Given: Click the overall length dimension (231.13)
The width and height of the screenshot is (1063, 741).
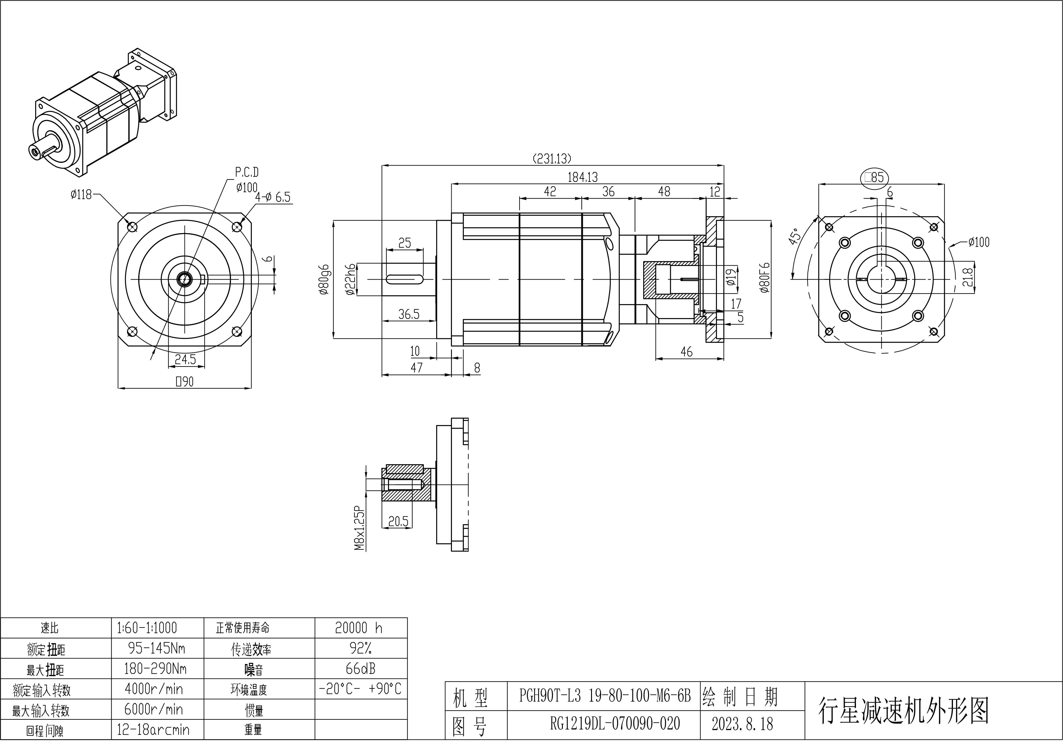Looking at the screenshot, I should [552, 159].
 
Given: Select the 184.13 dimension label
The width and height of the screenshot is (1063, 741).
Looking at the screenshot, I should [583, 177].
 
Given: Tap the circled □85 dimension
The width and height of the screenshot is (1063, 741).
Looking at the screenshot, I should [874, 177].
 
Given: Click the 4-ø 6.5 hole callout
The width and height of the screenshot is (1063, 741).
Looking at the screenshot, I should [273, 197].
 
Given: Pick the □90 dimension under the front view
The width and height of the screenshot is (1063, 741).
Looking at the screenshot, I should [184, 382].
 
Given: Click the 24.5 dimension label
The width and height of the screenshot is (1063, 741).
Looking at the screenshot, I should [185, 359].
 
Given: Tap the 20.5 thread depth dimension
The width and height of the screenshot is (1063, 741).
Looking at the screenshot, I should [398, 521].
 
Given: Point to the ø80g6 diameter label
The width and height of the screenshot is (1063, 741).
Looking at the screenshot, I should [324, 280].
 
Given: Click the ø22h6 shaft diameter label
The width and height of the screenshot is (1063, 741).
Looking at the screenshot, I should [350, 280].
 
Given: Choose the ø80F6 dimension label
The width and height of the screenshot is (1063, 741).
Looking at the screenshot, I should [764, 278].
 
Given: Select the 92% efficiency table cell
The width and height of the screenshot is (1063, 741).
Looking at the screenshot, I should [361, 648].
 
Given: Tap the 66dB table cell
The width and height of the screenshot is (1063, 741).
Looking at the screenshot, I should [361, 669].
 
